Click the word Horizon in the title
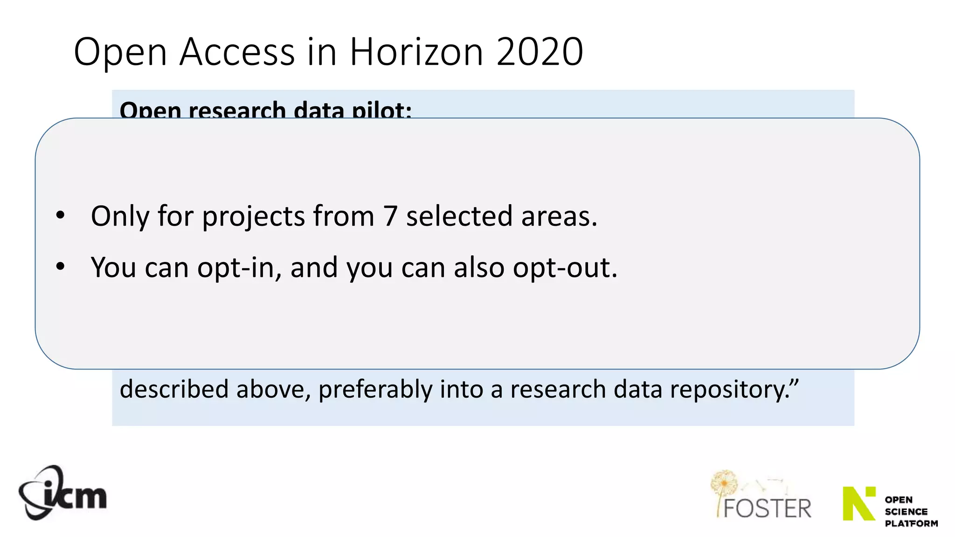click(x=416, y=52)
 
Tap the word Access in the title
click(x=237, y=52)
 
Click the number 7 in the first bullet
click(x=390, y=216)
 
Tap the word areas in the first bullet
click(x=559, y=216)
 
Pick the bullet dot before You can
click(x=60, y=267)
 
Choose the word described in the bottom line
click(x=174, y=389)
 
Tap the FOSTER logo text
click(x=767, y=509)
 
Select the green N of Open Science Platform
click(x=859, y=503)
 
